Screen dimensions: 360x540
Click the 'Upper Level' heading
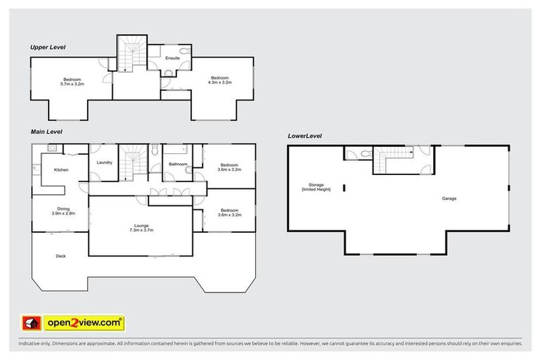coord(47,47)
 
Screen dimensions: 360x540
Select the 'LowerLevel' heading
coord(304,135)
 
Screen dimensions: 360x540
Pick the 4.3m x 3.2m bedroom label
coord(219,80)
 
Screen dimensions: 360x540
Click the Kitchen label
coord(61,169)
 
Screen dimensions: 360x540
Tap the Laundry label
coord(104,164)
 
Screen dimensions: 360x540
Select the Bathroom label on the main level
coord(178,164)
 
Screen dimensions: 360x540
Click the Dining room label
coord(63,210)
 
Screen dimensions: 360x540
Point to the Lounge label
coord(141,227)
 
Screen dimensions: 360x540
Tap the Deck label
coord(61,256)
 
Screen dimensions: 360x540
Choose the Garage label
coord(449,198)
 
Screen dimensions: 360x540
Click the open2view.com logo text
coord(84,323)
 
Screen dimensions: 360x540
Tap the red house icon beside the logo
coord(30,323)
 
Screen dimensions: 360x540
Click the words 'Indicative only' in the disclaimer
coord(33,344)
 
